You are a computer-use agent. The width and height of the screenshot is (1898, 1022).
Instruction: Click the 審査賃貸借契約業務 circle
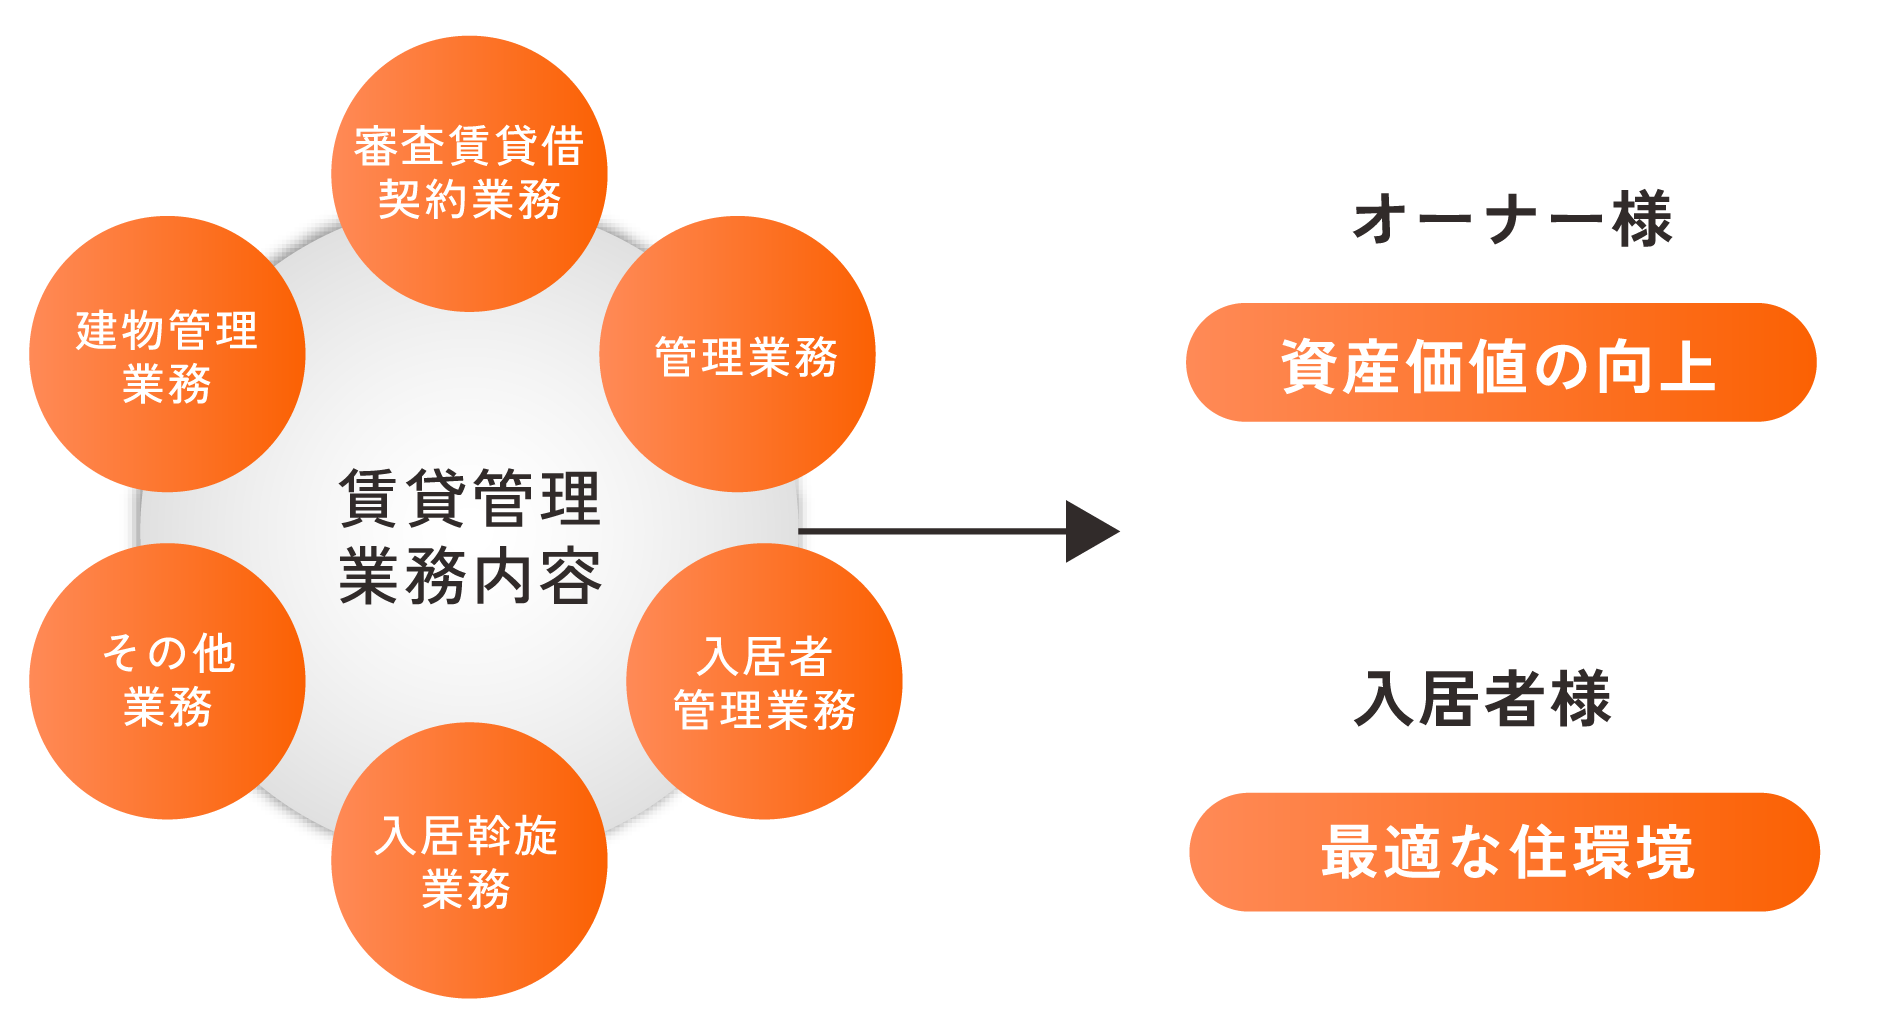[x=469, y=173]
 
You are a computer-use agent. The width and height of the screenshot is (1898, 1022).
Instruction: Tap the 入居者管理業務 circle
[x=765, y=682]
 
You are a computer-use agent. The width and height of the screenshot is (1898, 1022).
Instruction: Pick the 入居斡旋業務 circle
[x=469, y=860]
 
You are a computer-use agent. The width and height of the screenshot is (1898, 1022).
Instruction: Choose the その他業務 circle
[x=167, y=681]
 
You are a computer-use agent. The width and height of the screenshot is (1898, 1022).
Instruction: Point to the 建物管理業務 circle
[x=167, y=355]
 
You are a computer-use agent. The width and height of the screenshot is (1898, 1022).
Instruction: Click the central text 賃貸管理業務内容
[x=470, y=537]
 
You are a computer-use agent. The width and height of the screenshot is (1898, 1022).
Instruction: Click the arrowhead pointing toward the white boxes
[x=1092, y=531]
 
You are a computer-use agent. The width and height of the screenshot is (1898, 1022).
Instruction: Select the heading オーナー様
[x=1512, y=220]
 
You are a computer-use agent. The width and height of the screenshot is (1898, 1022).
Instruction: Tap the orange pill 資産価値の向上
[x=1501, y=363]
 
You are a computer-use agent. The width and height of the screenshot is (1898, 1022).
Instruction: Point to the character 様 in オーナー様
[x=1642, y=220]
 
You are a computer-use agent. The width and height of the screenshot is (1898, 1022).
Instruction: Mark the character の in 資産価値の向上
[x=1562, y=366]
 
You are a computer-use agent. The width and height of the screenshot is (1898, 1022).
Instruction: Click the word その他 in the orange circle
[x=168, y=654]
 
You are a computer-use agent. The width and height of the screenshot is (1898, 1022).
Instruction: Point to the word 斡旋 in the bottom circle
[x=512, y=836]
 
